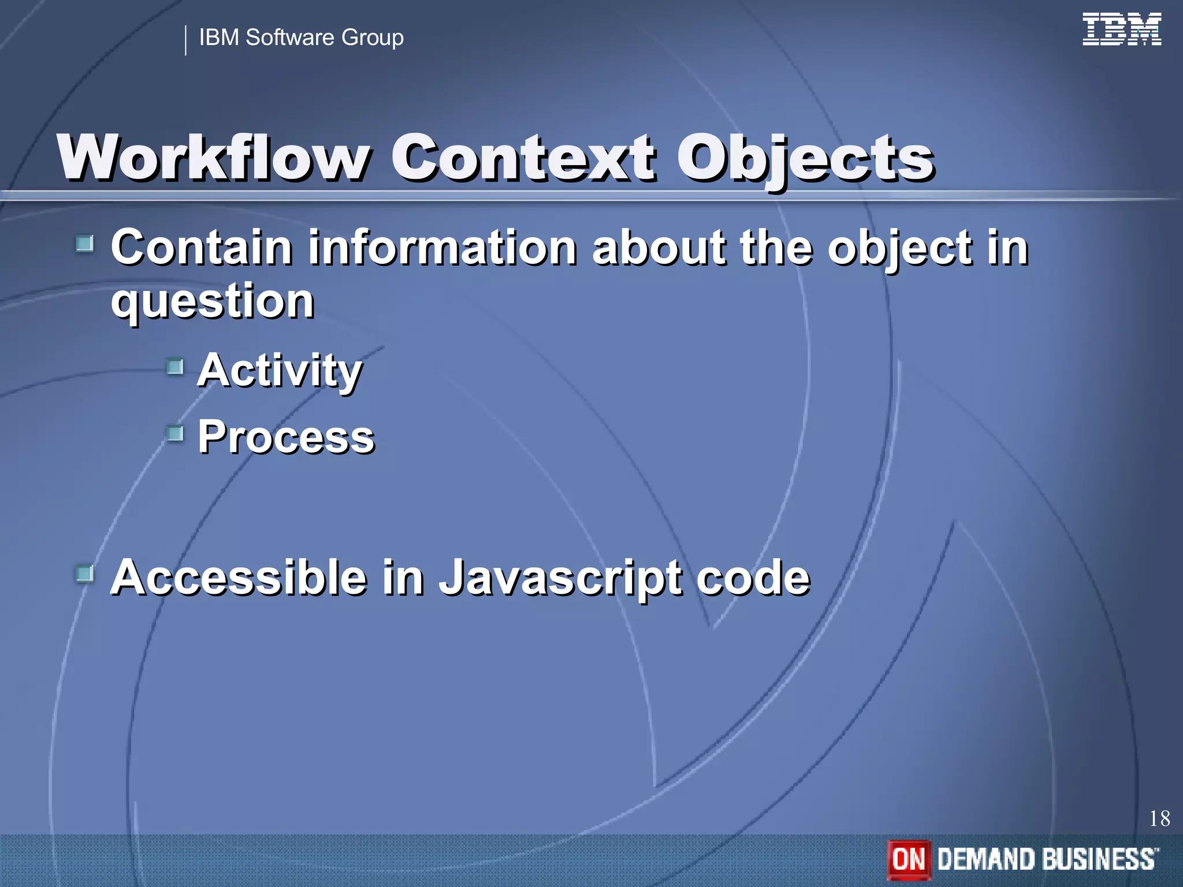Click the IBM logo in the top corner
pos(1121,29)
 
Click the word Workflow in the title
pos(214,158)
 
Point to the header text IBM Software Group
pos(301,38)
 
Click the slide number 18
pos(1159,818)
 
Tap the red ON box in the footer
pos(909,859)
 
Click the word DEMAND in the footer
pos(985,859)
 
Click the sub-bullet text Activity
pos(280,371)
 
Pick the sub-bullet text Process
pos(286,437)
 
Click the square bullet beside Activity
pos(175,366)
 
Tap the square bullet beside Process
pos(175,433)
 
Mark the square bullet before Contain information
pos(85,243)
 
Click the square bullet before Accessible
pos(85,573)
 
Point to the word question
pos(212,301)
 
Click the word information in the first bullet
pos(442,248)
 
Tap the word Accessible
pos(239,577)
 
